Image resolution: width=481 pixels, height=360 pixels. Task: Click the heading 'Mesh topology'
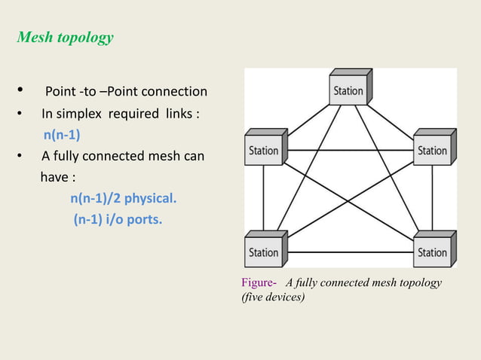(65, 38)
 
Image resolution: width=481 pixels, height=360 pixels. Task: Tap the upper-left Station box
(263, 149)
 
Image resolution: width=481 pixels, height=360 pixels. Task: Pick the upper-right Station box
(432, 149)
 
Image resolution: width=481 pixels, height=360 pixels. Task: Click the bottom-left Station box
(263, 252)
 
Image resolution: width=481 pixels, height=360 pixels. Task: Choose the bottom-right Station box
(432, 252)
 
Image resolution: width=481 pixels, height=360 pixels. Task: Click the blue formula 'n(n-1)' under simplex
(62, 136)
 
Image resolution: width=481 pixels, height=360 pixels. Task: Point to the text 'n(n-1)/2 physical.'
(123, 199)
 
